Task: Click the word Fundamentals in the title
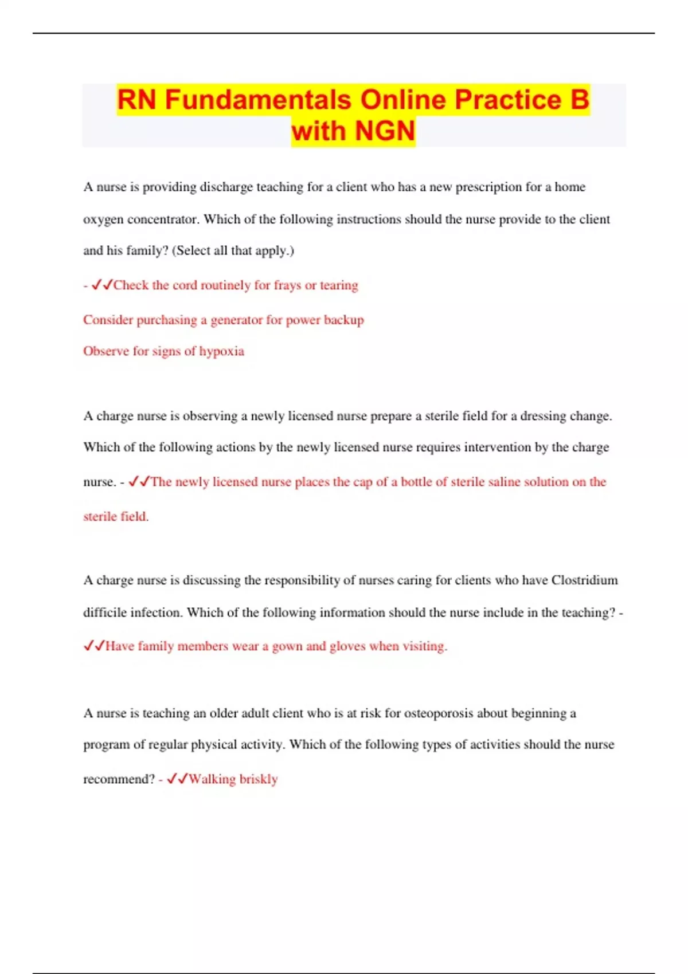click(x=257, y=100)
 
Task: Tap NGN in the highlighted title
click(x=385, y=131)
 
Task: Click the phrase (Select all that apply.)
click(x=233, y=250)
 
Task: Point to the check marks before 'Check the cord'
click(x=102, y=285)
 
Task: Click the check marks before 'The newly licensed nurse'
click(x=139, y=482)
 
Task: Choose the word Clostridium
click(x=584, y=580)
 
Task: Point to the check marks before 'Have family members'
click(x=94, y=646)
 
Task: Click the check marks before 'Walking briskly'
click(x=177, y=779)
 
